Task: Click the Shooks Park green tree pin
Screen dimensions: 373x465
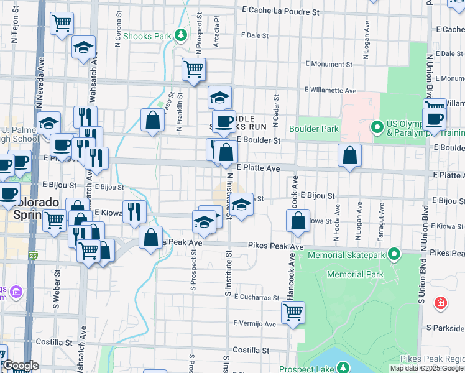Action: (x=181, y=35)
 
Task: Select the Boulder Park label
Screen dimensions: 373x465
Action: (x=318, y=129)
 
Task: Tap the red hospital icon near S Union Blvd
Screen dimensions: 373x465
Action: (x=441, y=303)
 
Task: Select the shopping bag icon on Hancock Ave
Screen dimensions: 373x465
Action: (x=298, y=221)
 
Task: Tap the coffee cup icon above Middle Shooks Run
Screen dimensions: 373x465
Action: (x=224, y=121)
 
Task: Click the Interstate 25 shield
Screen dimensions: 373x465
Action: (x=32, y=255)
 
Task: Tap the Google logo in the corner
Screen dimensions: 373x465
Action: (x=20, y=366)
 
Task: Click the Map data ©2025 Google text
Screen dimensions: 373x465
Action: (x=426, y=368)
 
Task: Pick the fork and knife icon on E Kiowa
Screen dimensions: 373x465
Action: (x=134, y=211)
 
